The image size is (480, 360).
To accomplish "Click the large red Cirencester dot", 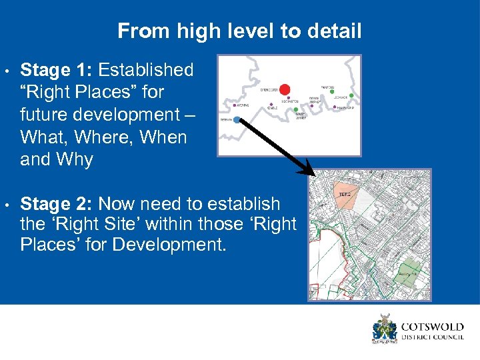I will [285, 89].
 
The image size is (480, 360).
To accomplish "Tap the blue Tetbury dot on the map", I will [237, 120].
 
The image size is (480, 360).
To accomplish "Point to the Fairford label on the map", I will [327, 87].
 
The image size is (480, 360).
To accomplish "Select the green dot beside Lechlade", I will [351, 96].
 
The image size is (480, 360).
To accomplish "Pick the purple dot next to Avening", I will [235, 105].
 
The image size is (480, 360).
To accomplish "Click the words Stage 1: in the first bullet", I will [59, 70].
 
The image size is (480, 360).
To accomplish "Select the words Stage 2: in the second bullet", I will [59, 203].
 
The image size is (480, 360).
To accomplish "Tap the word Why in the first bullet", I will [75, 160].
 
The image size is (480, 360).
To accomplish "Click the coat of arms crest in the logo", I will [385, 329].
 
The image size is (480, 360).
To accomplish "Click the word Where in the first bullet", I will [111, 137].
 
